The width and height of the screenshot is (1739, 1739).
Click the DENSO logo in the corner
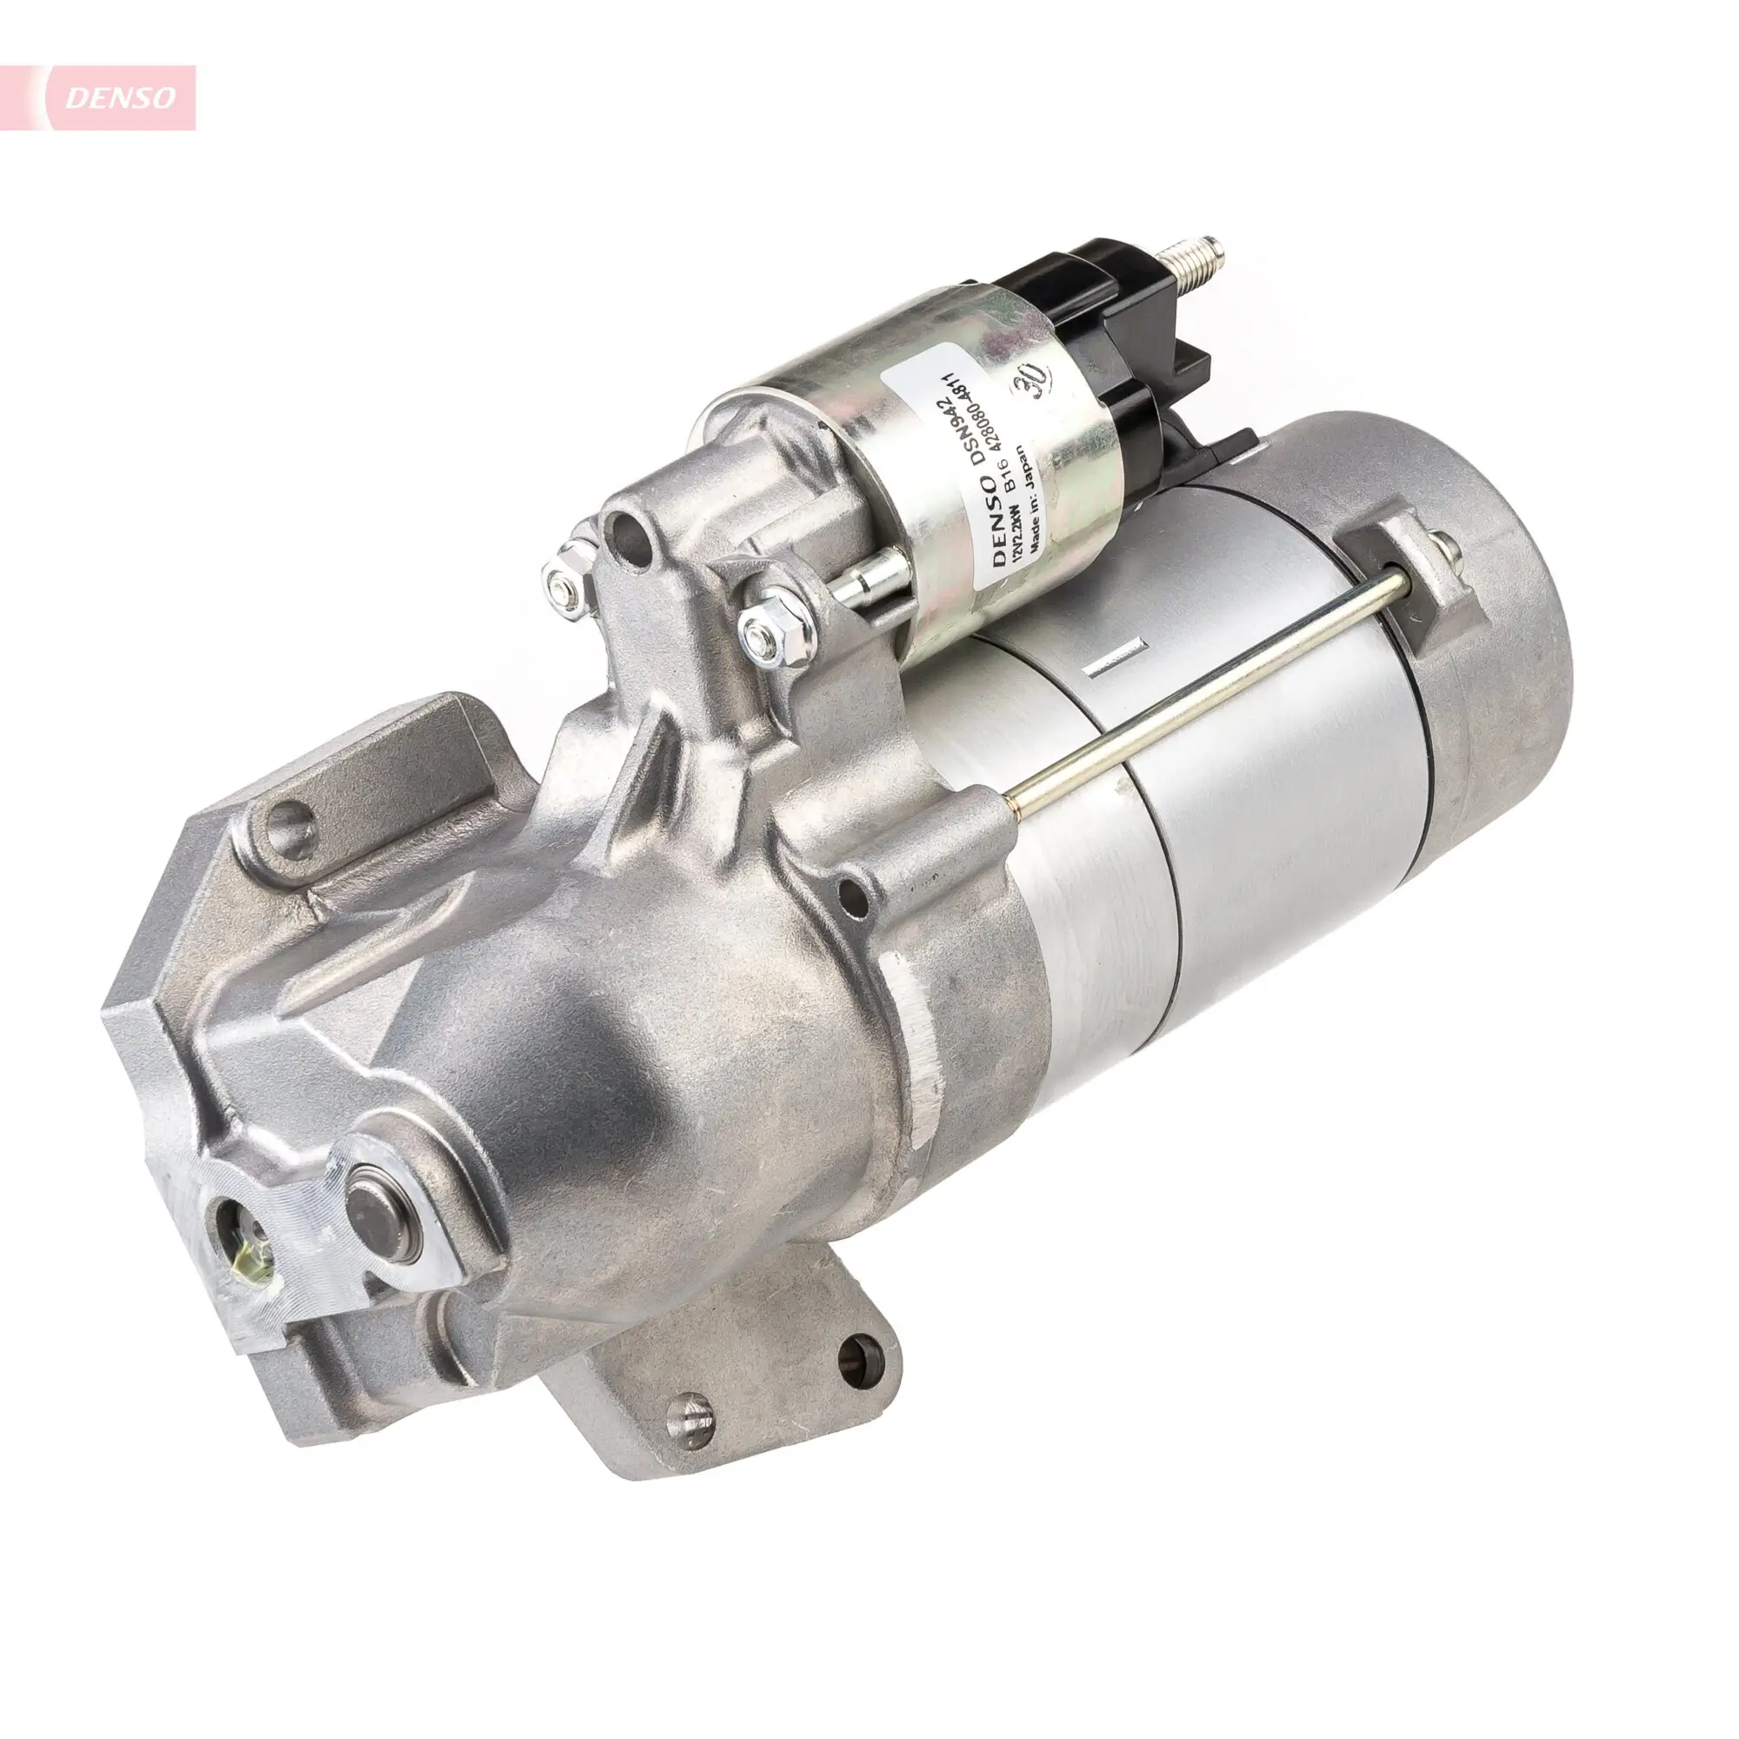(118, 98)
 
